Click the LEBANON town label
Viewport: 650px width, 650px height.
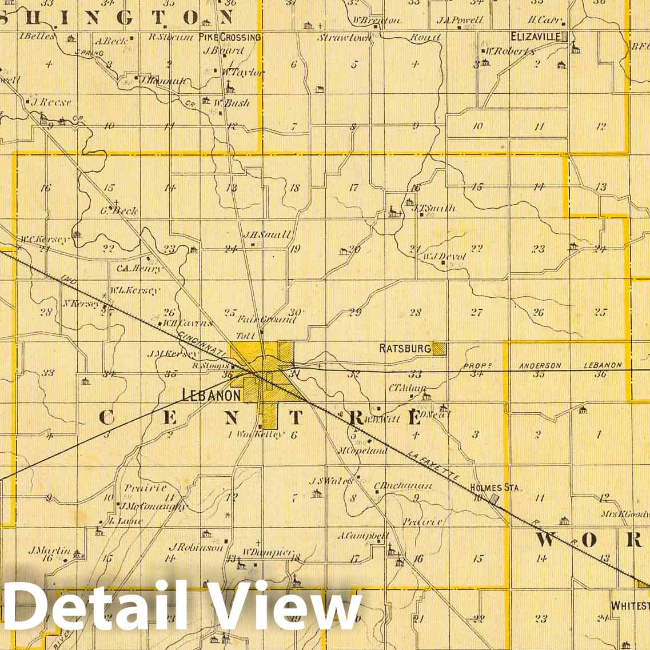pos(211,394)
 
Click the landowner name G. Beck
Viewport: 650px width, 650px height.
pos(119,210)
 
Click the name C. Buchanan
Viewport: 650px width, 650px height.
pos(403,486)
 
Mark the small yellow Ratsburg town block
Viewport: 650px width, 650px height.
pos(440,348)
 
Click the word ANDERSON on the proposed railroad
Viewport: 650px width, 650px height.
pos(540,365)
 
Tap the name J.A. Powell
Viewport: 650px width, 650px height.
pos(460,20)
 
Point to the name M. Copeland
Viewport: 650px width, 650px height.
pos(362,450)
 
